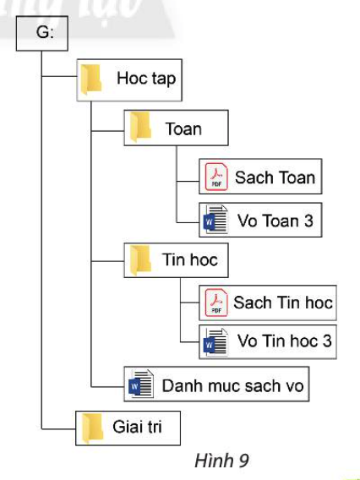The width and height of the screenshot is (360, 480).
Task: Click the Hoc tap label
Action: (145, 80)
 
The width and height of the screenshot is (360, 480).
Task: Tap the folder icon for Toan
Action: (140, 128)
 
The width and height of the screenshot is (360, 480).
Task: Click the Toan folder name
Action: (183, 128)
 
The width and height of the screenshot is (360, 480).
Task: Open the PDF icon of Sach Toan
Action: (215, 178)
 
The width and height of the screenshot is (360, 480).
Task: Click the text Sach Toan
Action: (275, 177)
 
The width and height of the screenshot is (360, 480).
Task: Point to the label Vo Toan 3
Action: (275, 221)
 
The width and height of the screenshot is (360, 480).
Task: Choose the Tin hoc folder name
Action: (189, 259)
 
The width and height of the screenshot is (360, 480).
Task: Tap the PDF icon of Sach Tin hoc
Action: (215, 303)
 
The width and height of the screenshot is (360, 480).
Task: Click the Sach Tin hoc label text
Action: (283, 303)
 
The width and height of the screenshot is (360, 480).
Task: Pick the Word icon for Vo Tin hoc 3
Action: (215, 343)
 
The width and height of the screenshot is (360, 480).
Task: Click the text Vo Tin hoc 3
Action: (285, 343)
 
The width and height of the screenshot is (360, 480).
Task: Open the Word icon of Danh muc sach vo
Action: (139, 386)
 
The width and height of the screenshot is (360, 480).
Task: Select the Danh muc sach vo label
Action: (231, 386)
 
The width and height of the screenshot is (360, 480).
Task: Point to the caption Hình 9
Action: (221, 461)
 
